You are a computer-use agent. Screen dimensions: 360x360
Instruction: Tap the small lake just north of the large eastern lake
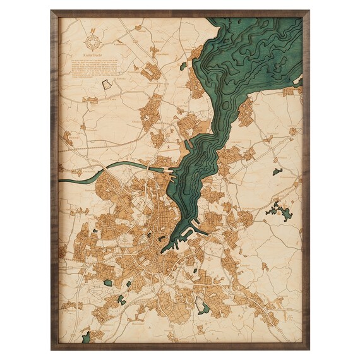[277, 171]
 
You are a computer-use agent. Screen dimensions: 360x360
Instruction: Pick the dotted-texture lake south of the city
[201, 306]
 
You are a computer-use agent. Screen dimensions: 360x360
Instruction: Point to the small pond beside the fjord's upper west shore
[183, 66]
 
